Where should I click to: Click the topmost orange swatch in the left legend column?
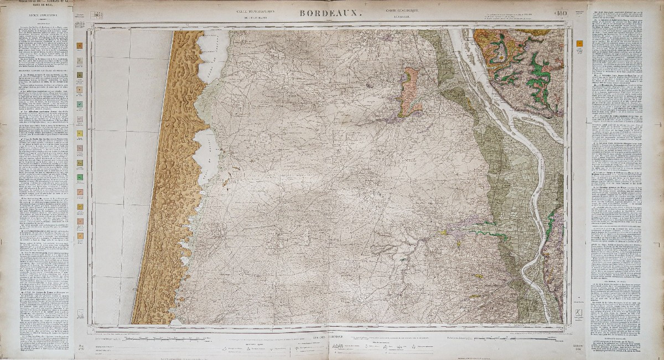tap(80, 46)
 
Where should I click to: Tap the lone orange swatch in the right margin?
tap(579, 42)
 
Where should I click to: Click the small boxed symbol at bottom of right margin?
tap(579, 314)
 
